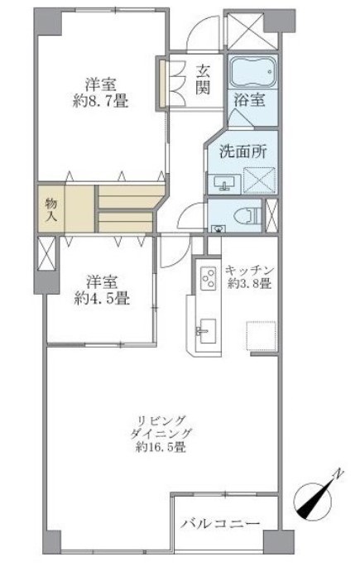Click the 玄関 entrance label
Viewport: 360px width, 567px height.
coord(203,79)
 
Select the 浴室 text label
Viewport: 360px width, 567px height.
coord(249,99)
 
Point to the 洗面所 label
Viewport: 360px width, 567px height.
coord(243,151)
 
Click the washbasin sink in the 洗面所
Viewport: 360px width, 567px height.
coord(224,184)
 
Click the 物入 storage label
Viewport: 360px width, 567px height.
coord(51,209)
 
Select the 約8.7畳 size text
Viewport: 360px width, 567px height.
coord(100,102)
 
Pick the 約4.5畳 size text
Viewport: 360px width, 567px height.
coord(102,298)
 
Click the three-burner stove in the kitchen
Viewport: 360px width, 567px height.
coord(209,278)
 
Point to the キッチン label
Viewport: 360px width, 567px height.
coord(250,271)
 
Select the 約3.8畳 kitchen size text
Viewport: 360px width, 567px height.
coord(250,283)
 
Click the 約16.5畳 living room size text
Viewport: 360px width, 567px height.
coord(161,447)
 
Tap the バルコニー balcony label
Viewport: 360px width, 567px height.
coord(220,523)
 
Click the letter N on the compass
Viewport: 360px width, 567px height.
coord(338,474)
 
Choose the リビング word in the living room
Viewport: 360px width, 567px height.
coord(161,420)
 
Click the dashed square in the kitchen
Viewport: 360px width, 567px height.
coord(262,335)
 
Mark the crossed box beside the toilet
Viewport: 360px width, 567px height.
coord(271,215)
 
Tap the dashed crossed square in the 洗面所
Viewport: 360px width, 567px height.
coord(258,180)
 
